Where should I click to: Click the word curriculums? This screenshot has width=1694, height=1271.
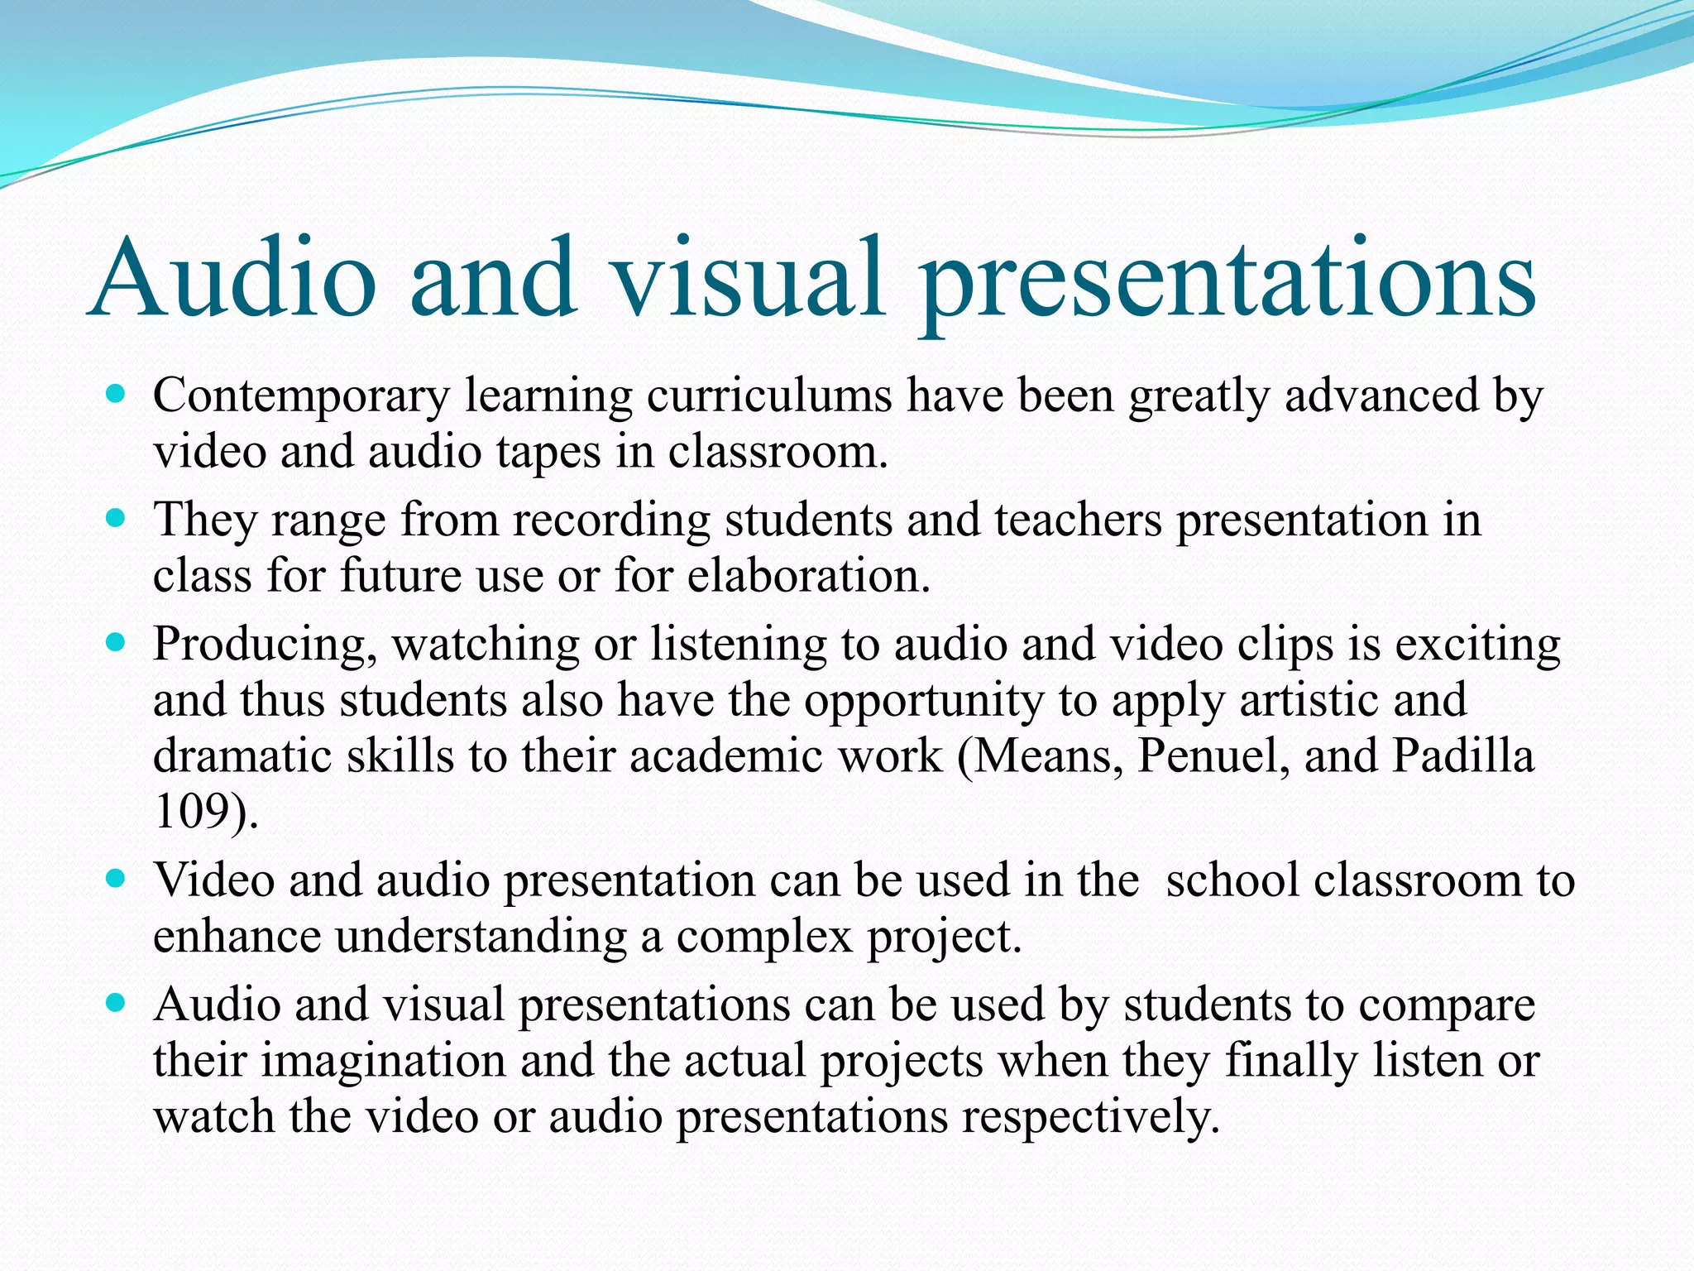[768, 395]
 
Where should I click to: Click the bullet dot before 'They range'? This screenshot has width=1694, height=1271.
[116, 519]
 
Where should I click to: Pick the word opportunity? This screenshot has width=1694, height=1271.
[924, 702]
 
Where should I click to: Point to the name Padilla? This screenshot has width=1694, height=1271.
[1462, 755]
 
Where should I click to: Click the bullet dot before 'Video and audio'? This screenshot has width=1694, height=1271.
[116, 879]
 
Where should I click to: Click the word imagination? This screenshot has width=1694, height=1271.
[384, 1061]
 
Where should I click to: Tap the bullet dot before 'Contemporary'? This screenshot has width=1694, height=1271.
[116, 394]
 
